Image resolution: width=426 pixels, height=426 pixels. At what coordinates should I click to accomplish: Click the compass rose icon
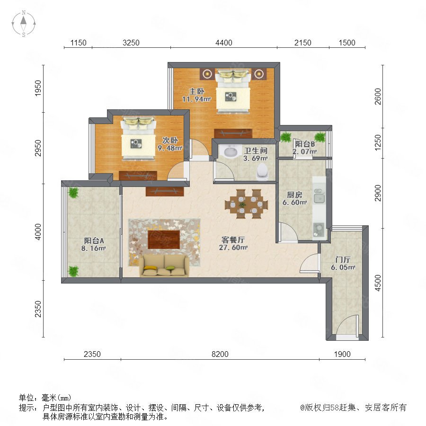[24, 24]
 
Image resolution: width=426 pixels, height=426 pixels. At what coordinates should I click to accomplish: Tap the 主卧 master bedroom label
[197, 91]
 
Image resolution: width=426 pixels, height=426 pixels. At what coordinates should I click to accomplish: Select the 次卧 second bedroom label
[170, 140]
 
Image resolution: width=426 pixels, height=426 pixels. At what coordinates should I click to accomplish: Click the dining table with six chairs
[247, 204]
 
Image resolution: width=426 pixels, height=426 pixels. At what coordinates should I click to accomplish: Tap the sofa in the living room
[164, 266]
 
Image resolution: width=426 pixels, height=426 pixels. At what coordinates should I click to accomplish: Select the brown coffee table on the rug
[164, 240]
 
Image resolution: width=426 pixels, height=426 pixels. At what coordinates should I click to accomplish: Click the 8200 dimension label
[220, 354]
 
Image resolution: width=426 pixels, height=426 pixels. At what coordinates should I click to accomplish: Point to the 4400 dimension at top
[224, 43]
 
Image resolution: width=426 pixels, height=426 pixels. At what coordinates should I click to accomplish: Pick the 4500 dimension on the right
[378, 283]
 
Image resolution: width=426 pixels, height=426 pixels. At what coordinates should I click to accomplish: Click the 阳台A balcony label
[94, 240]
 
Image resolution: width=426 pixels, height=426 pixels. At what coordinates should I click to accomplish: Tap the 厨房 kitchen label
[295, 195]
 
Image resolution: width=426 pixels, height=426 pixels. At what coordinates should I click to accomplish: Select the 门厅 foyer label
[343, 260]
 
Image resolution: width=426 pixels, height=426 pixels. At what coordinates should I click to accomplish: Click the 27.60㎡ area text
[233, 248]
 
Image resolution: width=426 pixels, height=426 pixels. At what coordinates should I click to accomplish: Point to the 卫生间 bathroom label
[256, 151]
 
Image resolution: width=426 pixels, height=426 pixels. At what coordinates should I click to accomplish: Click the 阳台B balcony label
[305, 144]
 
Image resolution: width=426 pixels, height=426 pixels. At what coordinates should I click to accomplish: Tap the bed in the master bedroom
[233, 91]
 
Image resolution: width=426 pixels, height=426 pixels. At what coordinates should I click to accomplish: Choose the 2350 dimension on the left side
[38, 309]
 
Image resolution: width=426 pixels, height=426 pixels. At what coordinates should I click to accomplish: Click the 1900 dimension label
[342, 354]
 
